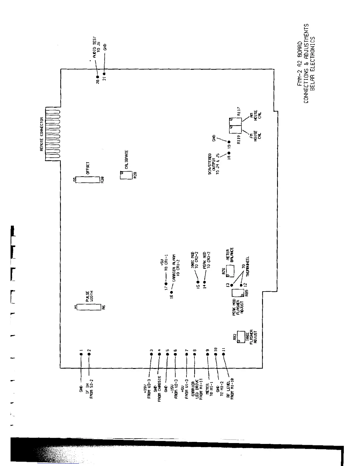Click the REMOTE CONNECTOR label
[x=42, y=134]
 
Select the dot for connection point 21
[x=104, y=74]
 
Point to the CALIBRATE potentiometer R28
[x=124, y=175]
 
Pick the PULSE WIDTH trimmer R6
[x=87, y=307]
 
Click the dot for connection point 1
[x=81, y=355]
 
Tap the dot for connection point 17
[x=166, y=284]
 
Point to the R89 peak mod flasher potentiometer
[x=237, y=293]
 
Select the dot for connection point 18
[x=229, y=153]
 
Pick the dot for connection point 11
[x=224, y=355]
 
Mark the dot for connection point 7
[x=186, y=355]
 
